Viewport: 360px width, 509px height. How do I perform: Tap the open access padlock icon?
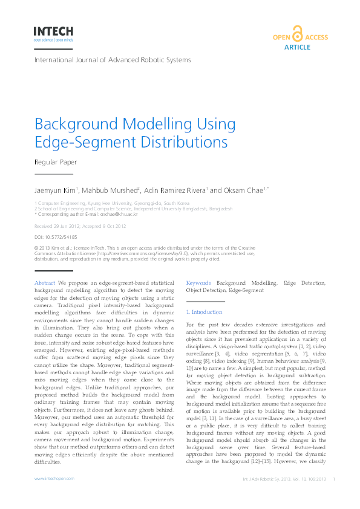pos(296,34)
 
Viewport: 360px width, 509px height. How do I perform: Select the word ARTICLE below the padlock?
pos(296,47)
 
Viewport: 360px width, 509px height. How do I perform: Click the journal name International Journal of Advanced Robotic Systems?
pos(113,60)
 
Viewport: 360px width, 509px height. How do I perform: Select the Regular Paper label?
pos(56,162)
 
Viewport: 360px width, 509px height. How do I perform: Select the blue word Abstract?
pos(45,283)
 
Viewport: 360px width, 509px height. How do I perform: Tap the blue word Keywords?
pos(198,283)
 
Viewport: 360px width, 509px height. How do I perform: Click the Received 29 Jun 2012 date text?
pos(57,225)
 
